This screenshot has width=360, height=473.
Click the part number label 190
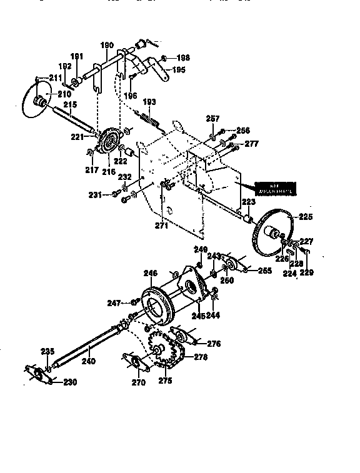pos(107,45)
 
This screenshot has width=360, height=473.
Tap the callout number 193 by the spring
pos(149,102)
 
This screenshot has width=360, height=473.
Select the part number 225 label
pos(304,217)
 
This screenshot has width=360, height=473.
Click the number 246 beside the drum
pos(150,273)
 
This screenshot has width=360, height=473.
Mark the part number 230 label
pos(70,382)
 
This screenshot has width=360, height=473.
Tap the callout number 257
pos(212,119)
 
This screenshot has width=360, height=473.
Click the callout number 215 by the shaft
pos(70,104)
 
